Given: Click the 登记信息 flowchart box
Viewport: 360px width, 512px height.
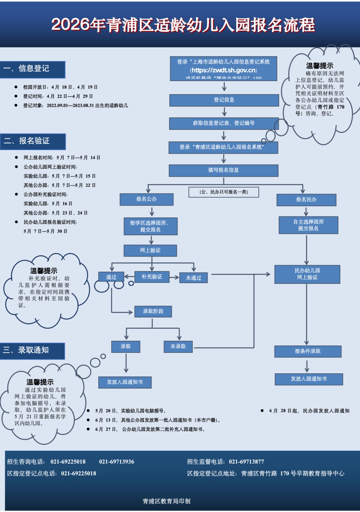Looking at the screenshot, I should pyautogui.click(x=224, y=100).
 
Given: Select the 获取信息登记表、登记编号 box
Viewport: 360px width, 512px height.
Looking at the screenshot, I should pyautogui.click(x=224, y=123).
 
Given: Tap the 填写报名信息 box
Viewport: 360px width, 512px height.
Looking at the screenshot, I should pyautogui.click(x=223, y=170).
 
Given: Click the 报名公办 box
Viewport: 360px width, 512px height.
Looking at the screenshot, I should pyautogui.click(x=146, y=199).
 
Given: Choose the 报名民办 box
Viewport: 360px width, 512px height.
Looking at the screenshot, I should pyautogui.click(x=306, y=200).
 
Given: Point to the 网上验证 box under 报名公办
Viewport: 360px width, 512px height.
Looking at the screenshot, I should pyautogui.click(x=150, y=250).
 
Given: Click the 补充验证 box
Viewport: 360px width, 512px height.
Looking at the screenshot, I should pyautogui.click(x=152, y=277).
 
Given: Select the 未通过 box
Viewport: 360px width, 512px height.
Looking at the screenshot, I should pyautogui.click(x=193, y=278).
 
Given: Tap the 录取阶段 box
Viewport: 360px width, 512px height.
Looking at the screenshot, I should pyautogui.click(x=153, y=311).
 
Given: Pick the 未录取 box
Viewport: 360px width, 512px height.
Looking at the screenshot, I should pyautogui.click(x=178, y=347).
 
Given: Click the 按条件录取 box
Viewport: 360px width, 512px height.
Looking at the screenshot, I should pyautogui.click(x=308, y=351).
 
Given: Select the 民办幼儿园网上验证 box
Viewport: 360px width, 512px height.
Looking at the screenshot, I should pyautogui.click(x=307, y=274).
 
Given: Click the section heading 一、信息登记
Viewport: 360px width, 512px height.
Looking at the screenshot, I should pyautogui.click(x=32, y=69).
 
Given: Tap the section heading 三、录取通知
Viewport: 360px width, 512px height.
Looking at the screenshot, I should pyautogui.click(x=32, y=351).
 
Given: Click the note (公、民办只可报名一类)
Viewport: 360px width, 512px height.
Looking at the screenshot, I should pyautogui.click(x=224, y=192).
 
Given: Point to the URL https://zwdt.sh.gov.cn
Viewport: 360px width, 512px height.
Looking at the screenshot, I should pyautogui.click(x=224, y=70).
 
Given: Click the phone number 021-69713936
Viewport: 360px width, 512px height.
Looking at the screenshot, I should pyautogui.click(x=116, y=462).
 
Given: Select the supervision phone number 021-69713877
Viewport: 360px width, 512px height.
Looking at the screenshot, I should pyautogui.click(x=246, y=462).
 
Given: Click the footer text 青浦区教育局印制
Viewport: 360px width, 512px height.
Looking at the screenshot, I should pyautogui.click(x=166, y=501).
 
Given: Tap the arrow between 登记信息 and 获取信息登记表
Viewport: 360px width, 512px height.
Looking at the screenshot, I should pyautogui.click(x=224, y=112).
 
